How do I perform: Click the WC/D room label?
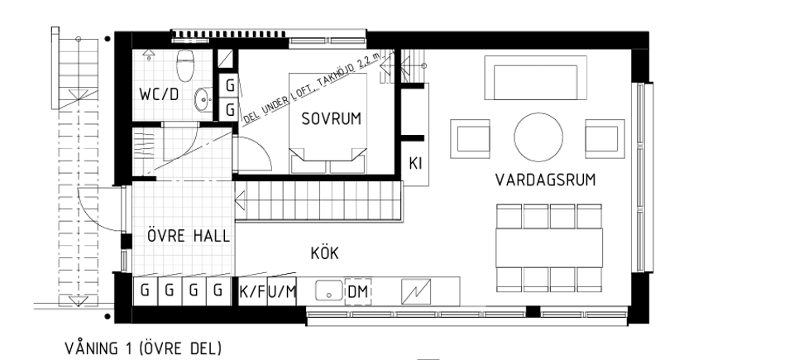coord(159,94)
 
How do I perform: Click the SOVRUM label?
coord(331,119)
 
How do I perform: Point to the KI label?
coord(416,164)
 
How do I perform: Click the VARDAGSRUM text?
coord(546,180)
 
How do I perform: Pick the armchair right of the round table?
coord(603,137)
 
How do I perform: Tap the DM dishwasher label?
coord(357,291)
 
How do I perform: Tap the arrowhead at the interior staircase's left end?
coord(240,200)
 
